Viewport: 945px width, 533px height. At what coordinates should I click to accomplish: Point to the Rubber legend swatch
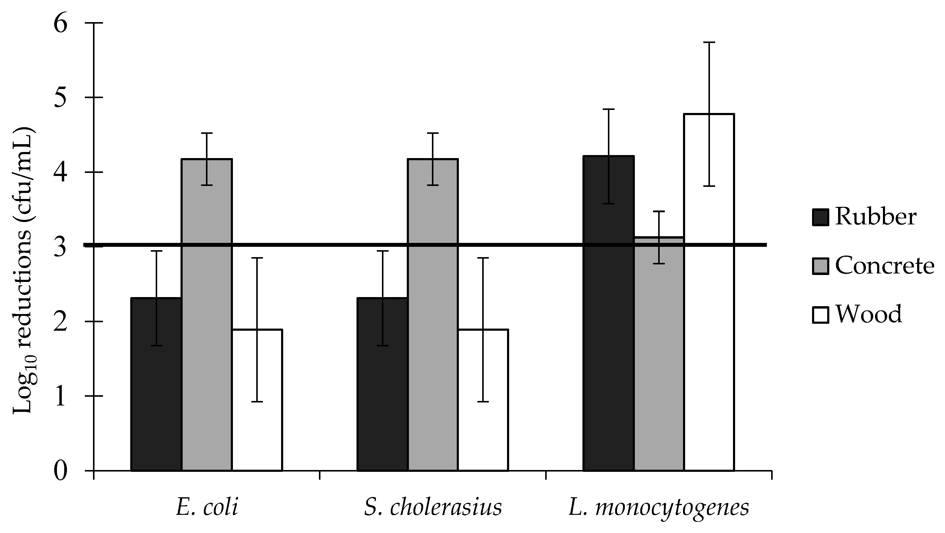coord(821,217)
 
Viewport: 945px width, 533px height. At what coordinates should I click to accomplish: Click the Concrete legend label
coord(884,266)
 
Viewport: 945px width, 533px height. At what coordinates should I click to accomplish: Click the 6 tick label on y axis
coord(61,24)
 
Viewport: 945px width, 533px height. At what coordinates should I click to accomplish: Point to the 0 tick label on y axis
coord(61,471)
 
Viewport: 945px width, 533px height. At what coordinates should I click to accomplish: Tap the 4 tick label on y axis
coord(61,172)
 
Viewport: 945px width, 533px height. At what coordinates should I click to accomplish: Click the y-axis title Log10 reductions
coord(24,271)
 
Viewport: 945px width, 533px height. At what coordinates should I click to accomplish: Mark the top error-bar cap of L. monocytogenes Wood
coord(709,43)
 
